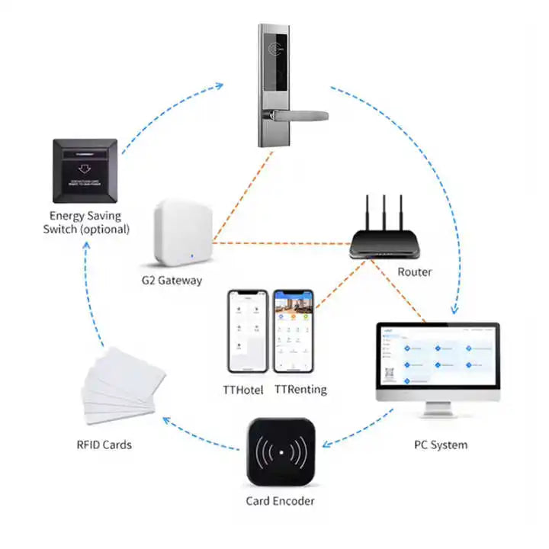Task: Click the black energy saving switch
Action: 85,169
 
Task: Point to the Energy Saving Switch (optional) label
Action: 89,223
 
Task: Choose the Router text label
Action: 415,272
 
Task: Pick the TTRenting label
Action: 300,390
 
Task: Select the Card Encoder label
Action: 280,501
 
